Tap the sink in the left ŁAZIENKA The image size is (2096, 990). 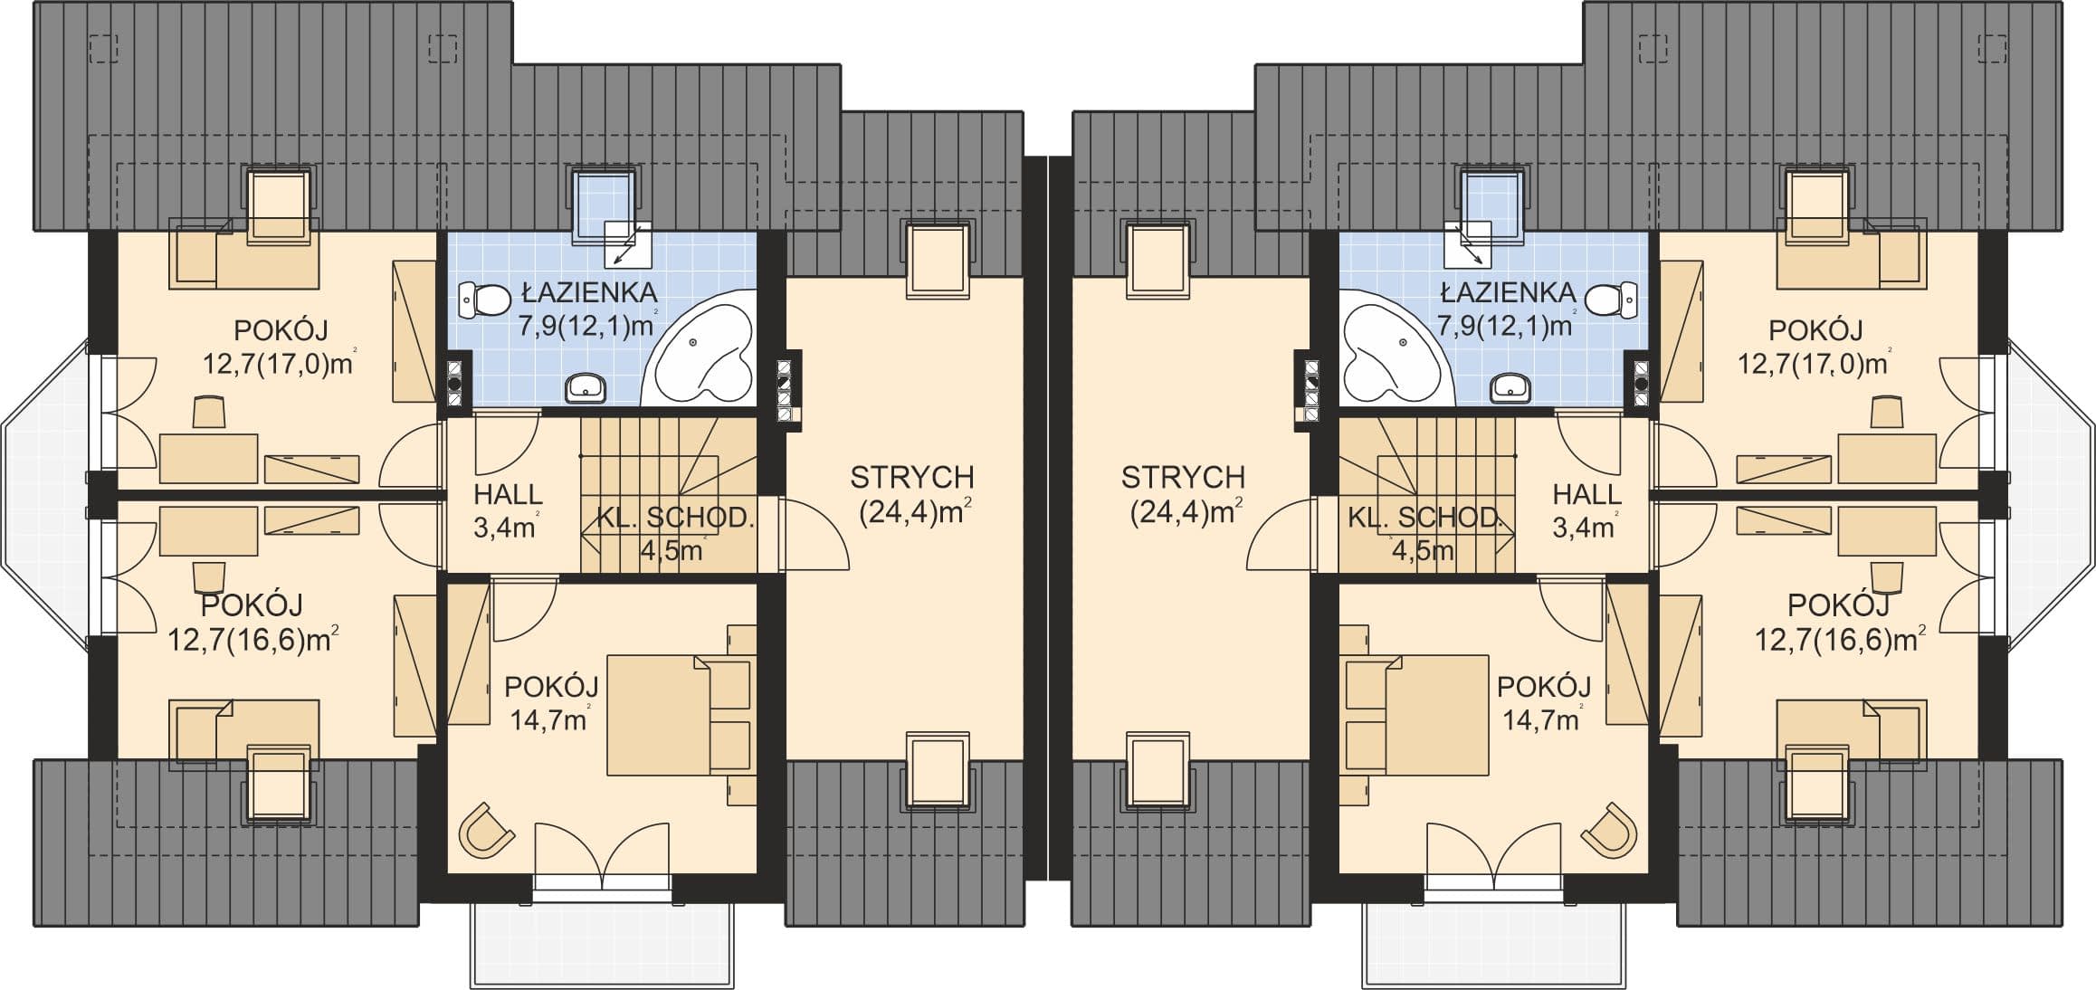pyautogui.click(x=586, y=387)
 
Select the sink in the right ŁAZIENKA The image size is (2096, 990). pyautogui.click(x=1510, y=387)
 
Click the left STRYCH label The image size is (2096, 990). pyautogui.click(x=912, y=477)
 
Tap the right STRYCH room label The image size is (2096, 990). pyautogui.click(x=1184, y=477)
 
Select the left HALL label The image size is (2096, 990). pyautogui.click(x=508, y=495)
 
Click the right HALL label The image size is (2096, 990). pyautogui.click(x=1587, y=495)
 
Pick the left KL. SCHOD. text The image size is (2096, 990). pyautogui.click(x=675, y=518)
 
